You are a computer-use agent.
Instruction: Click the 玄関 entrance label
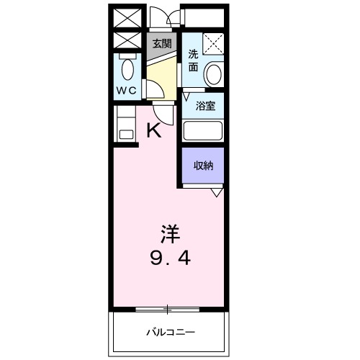coord(162,43)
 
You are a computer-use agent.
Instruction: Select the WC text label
coord(127,91)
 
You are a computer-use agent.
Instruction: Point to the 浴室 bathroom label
coord(205,107)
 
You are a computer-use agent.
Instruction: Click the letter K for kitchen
coord(153,130)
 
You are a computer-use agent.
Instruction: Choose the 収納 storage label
coord(202,166)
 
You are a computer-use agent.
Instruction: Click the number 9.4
coord(170,256)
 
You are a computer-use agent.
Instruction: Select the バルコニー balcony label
coord(171,333)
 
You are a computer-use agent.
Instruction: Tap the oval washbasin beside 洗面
coord(213,73)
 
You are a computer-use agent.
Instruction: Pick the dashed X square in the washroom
coord(212,43)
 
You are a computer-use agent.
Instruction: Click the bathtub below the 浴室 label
coord(202,130)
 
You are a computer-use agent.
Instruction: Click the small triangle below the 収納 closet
coord(216,192)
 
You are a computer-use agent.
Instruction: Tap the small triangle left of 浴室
coord(186,95)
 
